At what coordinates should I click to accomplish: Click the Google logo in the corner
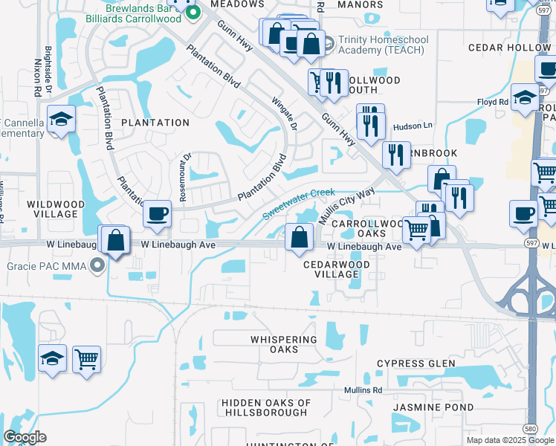(x=25, y=437)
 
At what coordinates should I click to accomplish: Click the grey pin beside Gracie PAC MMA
(x=96, y=265)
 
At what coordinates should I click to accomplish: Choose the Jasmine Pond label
(x=433, y=408)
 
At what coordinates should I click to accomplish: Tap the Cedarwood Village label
(x=336, y=268)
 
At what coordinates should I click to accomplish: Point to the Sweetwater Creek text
(x=299, y=202)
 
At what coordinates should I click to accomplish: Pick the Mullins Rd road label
(x=363, y=390)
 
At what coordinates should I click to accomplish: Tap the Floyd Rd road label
(x=492, y=102)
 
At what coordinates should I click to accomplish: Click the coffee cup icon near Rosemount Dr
(x=157, y=214)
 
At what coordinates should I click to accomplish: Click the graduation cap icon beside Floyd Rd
(x=525, y=99)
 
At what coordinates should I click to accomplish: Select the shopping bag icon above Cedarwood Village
(x=299, y=238)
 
